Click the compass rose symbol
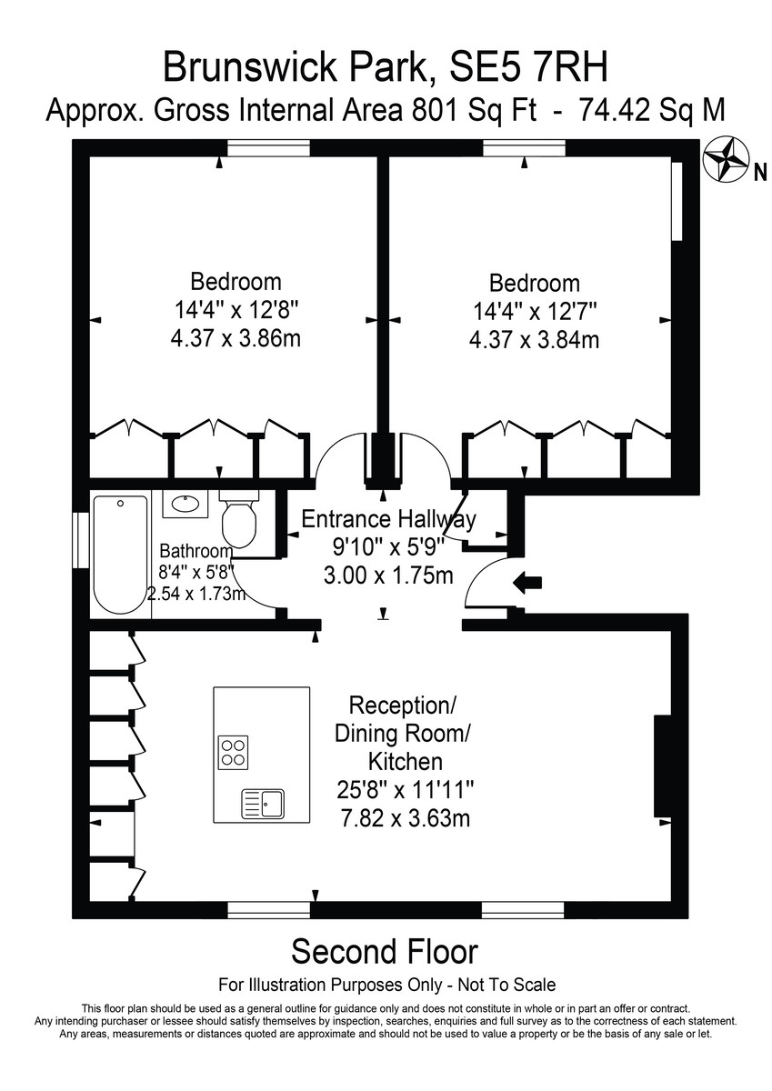[726, 160]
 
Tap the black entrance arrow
[527, 583]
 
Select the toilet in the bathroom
[238, 518]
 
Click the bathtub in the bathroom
[120, 555]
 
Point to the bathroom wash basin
[185, 504]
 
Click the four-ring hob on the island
[233, 752]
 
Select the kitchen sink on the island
[263, 804]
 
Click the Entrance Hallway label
[388, 520]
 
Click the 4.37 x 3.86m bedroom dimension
[236, 338]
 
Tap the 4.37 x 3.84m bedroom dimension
[535, 339]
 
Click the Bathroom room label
[196, 551]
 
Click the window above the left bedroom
[269, 147]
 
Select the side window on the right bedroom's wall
[677, 201]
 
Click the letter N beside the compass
[760, 174]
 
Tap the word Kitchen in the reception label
[406, 762]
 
